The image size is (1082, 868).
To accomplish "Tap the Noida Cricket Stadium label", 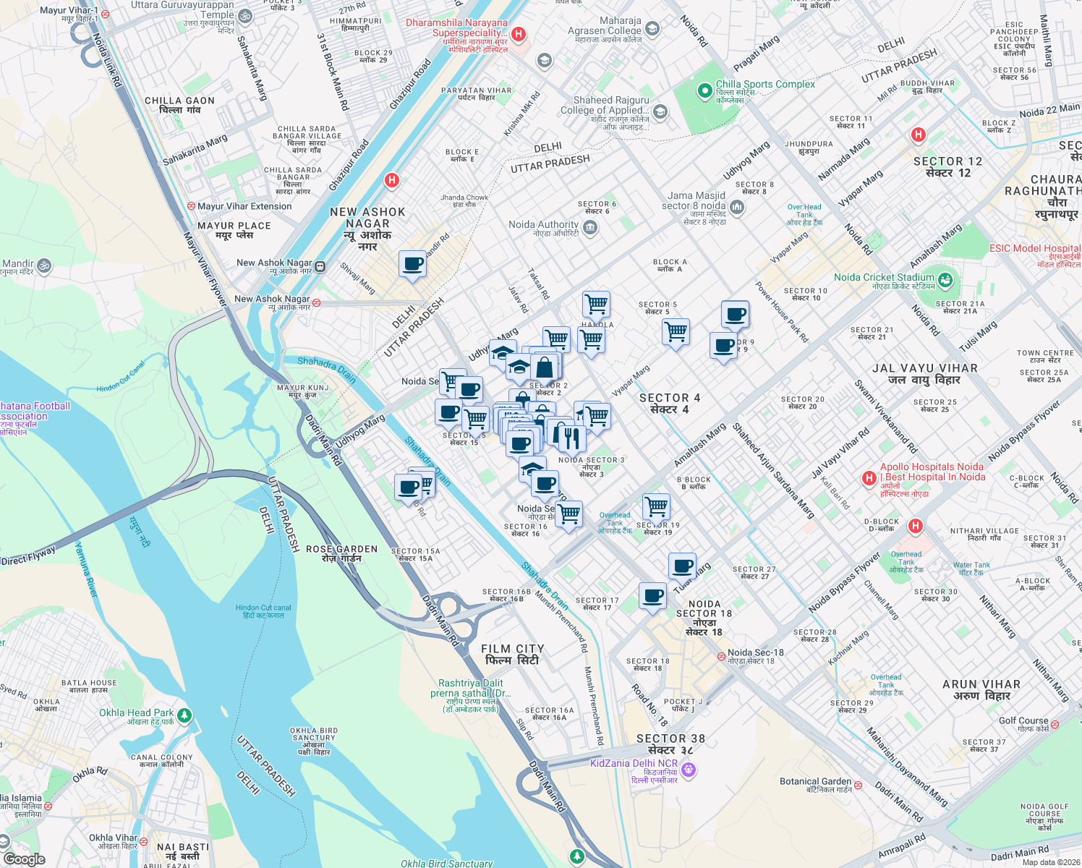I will (884, 278).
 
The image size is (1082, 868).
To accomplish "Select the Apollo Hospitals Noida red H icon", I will (869, 478).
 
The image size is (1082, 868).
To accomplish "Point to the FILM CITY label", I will (512, 655).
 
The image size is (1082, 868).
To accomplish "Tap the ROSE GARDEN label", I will (341, 553).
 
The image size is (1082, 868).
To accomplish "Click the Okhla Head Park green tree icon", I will (184, 715).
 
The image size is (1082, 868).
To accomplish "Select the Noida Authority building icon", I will (589, 229).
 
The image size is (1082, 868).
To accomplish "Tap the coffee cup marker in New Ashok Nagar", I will (412, 264).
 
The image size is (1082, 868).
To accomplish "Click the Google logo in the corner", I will (24, 859).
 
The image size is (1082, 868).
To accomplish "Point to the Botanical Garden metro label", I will (816, 785).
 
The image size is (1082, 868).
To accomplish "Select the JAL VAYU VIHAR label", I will (924, 374).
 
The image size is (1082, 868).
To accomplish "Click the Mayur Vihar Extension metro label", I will (244, 206).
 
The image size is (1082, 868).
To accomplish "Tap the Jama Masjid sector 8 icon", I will (736, 208).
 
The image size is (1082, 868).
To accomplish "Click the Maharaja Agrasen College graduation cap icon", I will (652, 29).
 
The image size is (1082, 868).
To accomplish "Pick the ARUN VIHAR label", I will (981, 689).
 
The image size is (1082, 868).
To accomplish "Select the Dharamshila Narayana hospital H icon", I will (518, 34).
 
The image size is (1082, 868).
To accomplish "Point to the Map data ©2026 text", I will (1051, 861).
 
